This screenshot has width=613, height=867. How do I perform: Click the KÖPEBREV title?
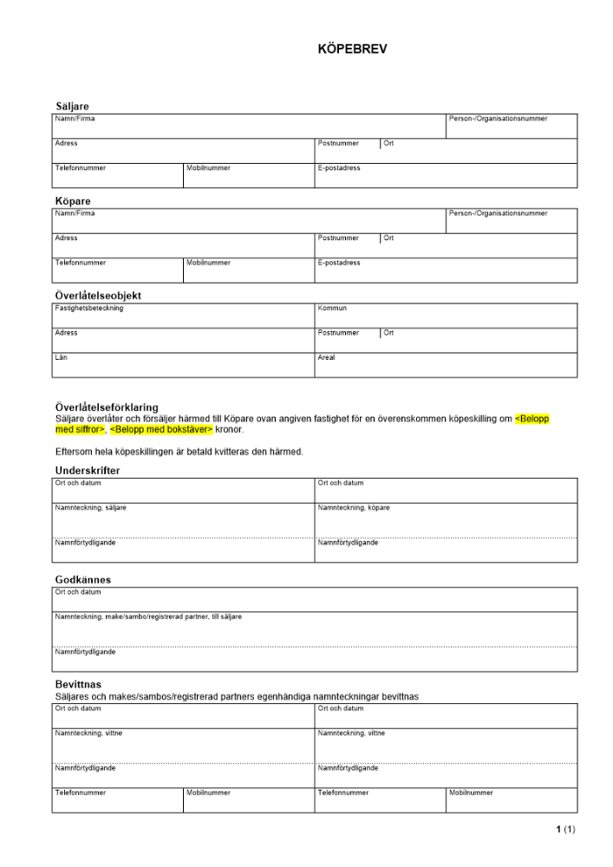[352, 49]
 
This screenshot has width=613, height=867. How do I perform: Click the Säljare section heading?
[72, 107]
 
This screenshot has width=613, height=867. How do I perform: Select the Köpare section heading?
[73, 201]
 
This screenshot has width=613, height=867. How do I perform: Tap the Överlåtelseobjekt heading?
[98, 296]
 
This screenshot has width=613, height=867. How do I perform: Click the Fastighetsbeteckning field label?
[88, 308]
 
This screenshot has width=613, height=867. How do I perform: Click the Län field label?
[61, 356]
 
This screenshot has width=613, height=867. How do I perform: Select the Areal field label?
[326, 356]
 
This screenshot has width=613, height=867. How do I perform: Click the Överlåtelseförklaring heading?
[107, 407]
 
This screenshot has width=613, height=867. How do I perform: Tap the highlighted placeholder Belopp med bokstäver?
[161, 430]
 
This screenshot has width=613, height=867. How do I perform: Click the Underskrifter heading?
[88, 471]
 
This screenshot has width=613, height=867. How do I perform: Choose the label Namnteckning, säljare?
[90, 508]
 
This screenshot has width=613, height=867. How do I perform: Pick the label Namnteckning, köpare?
[354, 508]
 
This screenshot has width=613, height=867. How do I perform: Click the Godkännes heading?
[83, 580]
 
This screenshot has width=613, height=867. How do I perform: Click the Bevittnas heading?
[78, 685]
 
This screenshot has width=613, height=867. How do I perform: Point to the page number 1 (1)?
[565, 830]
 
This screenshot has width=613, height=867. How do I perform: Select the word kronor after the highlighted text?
[230, 430]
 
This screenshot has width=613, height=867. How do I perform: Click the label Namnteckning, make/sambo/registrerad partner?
[148, 616]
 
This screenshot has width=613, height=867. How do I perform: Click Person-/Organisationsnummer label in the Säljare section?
[498, 118]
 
